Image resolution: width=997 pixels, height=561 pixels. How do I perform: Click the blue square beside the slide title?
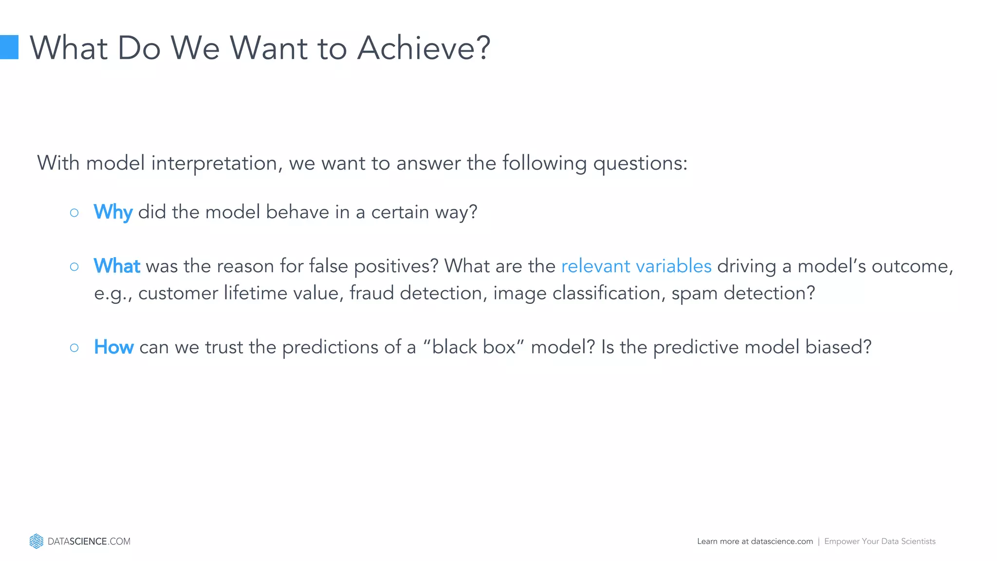coord(9,47)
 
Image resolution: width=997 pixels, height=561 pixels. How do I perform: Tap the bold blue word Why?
coord(113,212)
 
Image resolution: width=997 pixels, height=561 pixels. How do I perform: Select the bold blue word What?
coord(117,266)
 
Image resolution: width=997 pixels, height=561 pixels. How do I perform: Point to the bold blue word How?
coord(113,347)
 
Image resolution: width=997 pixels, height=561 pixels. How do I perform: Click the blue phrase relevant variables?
coord(636,266)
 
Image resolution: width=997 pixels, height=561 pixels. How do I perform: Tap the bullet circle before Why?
coord(74,213)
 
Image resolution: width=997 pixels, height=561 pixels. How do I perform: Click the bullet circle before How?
coord(74,348)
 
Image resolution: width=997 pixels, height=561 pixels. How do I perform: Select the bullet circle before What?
coord(74,266)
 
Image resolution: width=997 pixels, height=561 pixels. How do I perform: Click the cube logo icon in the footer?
coord(36,541)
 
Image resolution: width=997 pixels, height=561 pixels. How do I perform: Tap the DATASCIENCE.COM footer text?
coord(89,542)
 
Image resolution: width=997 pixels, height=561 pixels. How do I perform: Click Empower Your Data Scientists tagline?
coord(880,542)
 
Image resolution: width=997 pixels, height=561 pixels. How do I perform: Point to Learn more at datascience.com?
coord(755,542)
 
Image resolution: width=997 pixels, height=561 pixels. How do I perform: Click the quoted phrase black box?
coord(474,347)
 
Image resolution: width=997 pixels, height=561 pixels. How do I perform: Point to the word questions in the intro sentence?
coord(640,163)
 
